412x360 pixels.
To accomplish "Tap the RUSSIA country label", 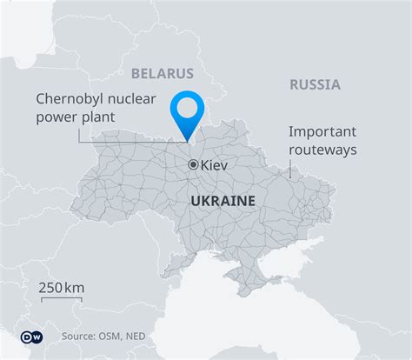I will pyautogui.click(x=314, y=84).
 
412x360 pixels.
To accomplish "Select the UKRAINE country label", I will pyautogui.click(x=222, y=200).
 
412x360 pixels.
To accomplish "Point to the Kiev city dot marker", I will pyautogui.click(x=193, y=163).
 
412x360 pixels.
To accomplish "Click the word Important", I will pyautogui.click(x=322, y=132).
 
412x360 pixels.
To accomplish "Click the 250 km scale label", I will pyautogui.click(x=61, y=288).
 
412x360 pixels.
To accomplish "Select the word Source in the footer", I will pyautogui.click(x=80, y=336).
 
